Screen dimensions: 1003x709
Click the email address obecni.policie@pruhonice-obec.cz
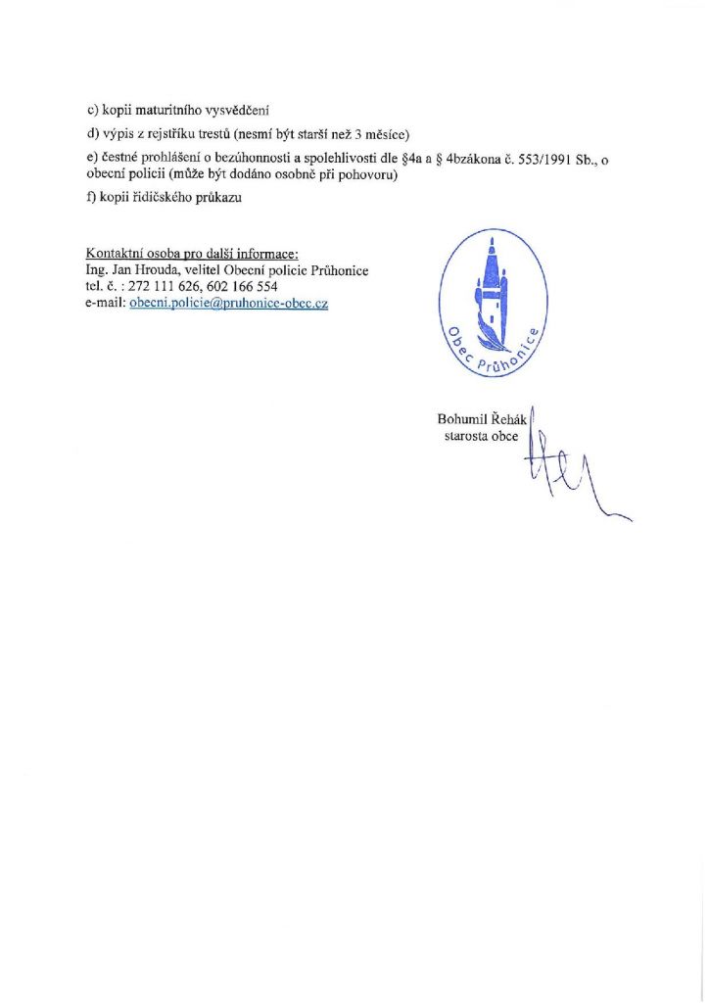228,304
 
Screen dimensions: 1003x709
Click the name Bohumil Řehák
482,420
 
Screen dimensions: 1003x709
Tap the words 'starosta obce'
481,437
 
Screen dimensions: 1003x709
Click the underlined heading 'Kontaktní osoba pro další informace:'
192,253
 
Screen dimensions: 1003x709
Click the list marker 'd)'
93,134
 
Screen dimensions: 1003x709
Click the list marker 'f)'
92,199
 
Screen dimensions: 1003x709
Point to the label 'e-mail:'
106,304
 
